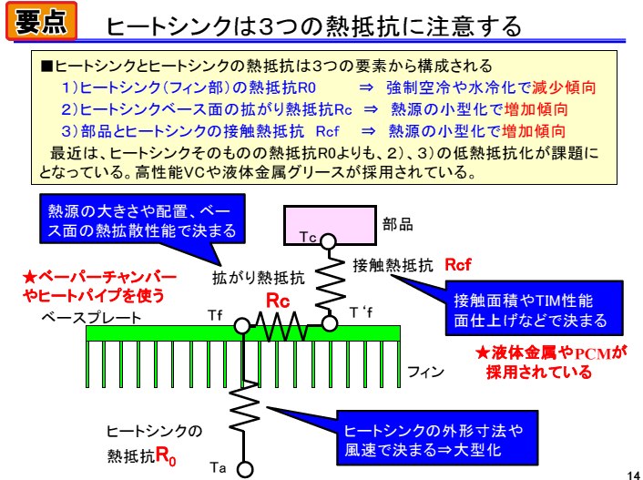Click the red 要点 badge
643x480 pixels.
pyautogui.click(x=41, y=22)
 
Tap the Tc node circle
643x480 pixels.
pyautogui.click(x=326, y=245)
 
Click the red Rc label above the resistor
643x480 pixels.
pyautogui.click(x=278, y=301)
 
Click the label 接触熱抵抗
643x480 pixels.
pyautogui.click(x=393, y=266)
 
